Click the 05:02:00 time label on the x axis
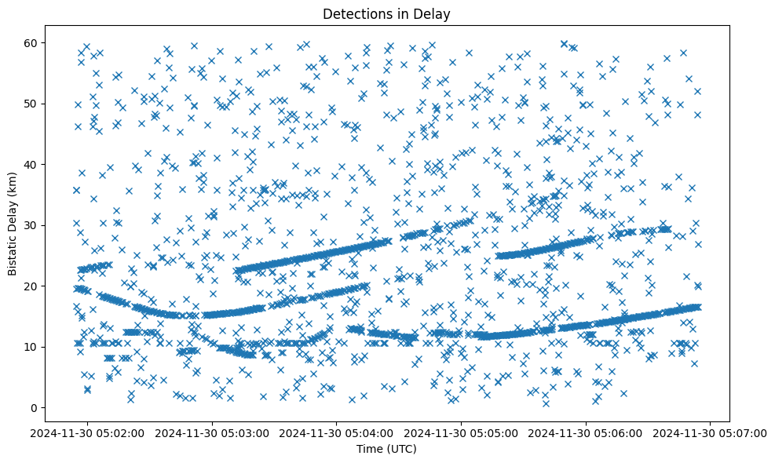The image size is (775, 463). click(88, 432)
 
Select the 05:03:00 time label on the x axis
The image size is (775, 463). click(213, 432)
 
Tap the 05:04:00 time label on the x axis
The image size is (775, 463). click(338, 432)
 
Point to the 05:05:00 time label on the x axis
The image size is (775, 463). click(462, 432)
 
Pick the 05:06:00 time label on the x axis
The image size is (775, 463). click(587, 432)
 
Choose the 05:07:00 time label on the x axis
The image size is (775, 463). click(711, 432)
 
